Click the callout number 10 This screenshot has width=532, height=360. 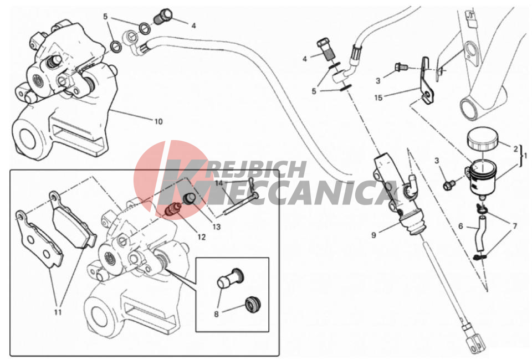(x=158, y=121)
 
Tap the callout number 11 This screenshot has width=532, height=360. (x=58, y=311)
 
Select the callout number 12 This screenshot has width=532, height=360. (x=202, y=237)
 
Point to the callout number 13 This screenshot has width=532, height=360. (x=217, y=227)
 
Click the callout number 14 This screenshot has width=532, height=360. (x=219, y=183)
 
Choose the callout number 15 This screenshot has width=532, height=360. (x=378, y=97)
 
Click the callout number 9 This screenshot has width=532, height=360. (x=374, y=235)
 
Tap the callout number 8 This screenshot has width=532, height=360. (x=217, y=314)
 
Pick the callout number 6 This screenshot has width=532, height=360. (x=461, y=226)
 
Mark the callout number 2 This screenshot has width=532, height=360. (x=515, y=149)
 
